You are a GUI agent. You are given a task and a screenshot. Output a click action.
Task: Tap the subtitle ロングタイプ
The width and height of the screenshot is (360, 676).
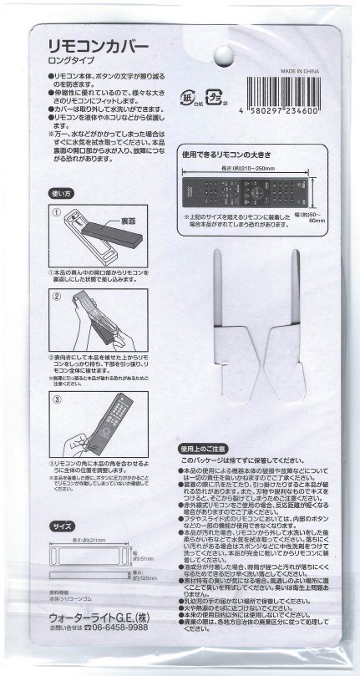click(x=74, y=60)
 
